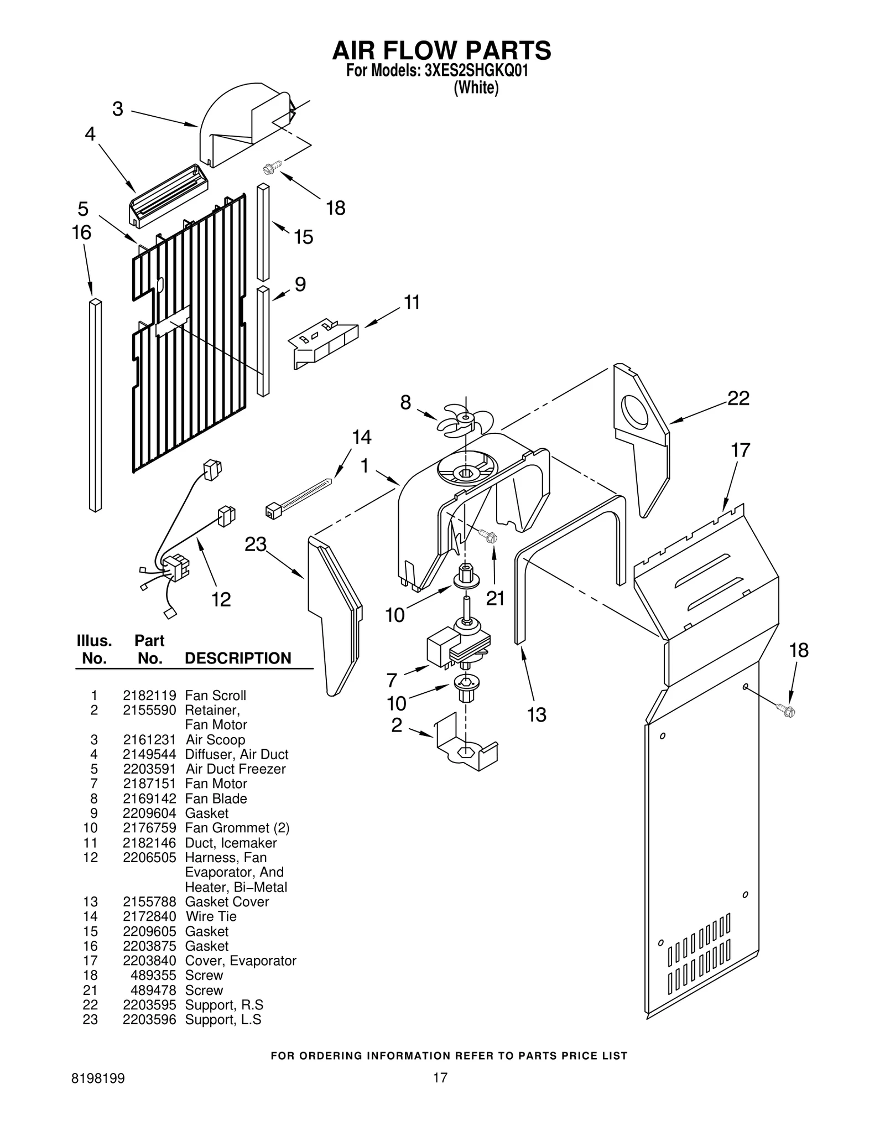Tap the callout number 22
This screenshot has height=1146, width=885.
738,398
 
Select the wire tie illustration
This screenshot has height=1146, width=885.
299,496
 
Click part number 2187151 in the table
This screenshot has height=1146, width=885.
149,784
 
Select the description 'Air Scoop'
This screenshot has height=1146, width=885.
215,739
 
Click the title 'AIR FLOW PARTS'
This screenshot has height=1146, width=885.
441,50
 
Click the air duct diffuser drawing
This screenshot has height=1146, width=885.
169,196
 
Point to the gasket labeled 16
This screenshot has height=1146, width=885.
95,405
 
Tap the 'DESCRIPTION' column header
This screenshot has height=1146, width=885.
238,658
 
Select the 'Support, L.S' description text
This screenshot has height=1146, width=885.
223,1019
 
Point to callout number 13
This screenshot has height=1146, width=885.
536,714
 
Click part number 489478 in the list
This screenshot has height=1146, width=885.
153,990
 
